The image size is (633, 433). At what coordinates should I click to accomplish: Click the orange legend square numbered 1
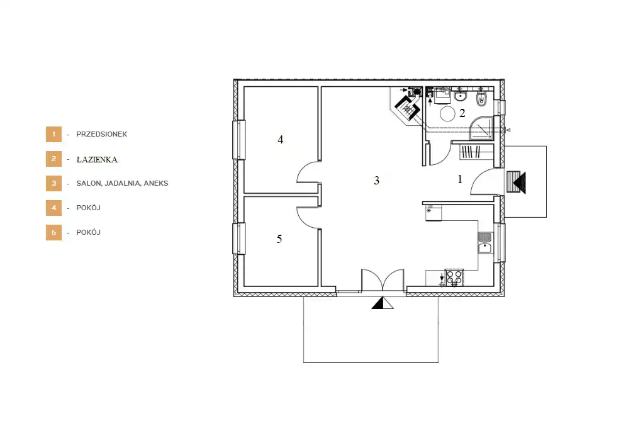53,134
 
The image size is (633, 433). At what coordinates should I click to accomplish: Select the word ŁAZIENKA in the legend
97,160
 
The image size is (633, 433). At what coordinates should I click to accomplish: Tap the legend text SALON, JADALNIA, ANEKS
122,183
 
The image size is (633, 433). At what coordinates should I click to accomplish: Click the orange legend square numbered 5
53,233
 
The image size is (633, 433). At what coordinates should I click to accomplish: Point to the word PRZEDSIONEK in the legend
102,134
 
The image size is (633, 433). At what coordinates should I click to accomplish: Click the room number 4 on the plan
281,140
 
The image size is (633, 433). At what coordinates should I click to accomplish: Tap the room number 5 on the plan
279,239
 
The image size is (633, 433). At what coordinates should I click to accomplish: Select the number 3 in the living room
377,181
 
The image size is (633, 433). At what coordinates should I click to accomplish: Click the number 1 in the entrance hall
460,179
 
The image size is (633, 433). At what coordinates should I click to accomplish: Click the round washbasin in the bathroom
460,96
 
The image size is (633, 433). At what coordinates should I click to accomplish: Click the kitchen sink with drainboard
485,243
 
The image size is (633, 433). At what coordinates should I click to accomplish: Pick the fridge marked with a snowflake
434,213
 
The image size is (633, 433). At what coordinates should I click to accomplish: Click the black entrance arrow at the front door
520,183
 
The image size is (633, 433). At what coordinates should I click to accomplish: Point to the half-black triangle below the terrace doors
383,303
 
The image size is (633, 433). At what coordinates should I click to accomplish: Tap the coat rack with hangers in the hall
471,152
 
